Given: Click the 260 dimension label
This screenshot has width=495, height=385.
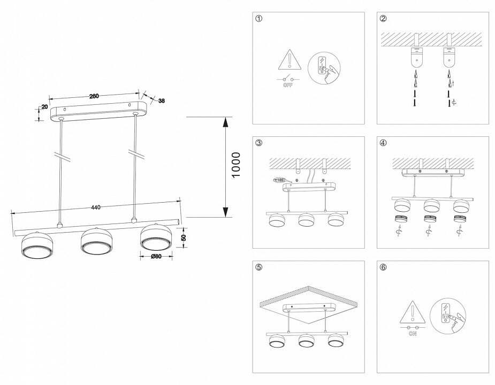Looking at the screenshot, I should point(94,96).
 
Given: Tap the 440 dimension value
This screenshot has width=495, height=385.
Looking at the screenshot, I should point(96,207).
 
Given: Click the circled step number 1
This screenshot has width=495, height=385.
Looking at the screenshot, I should point(259,20).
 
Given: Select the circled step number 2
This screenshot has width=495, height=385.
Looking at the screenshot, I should point(383,20).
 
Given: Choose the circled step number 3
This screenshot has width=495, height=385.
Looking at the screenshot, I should point(259,143).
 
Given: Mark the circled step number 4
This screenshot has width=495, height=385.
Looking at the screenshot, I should point(383,143).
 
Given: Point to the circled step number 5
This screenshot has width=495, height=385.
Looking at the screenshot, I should point(259,268).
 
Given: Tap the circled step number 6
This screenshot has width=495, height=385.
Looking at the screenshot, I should point(383,268).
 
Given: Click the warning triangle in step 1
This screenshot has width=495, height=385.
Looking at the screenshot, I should point(288,59).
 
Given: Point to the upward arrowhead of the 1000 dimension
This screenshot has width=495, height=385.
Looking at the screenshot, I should point(227,122).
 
